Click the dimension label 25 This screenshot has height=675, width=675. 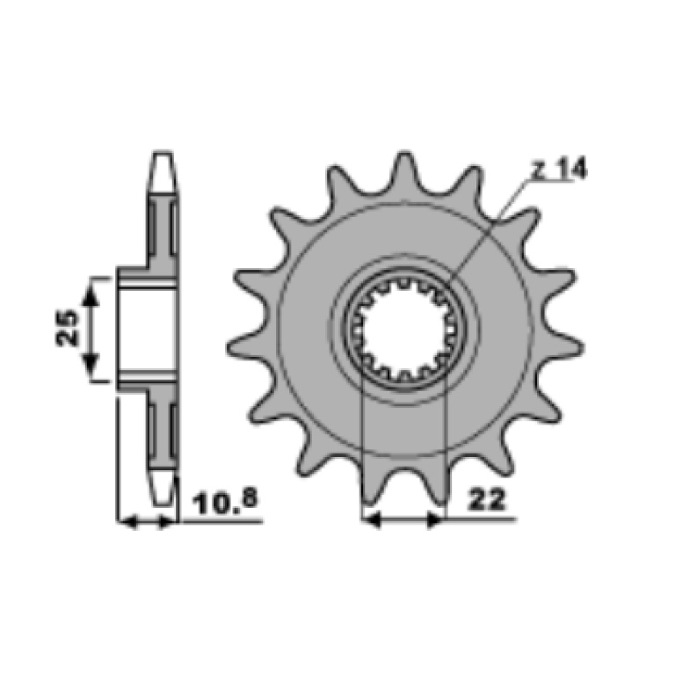pos(68,328)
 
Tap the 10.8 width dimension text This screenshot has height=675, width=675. pos(225,502)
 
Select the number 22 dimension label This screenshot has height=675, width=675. pos(486,500)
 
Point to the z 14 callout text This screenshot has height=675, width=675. pos(559,169)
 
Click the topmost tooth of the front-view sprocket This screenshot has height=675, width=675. pos(404,170)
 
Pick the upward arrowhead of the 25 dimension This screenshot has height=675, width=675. pos(91,295)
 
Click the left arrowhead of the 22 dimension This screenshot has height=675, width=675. pos(372,519)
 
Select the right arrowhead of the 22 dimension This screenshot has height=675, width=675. pos(435,519)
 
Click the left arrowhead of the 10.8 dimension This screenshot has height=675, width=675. pos(127,522)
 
